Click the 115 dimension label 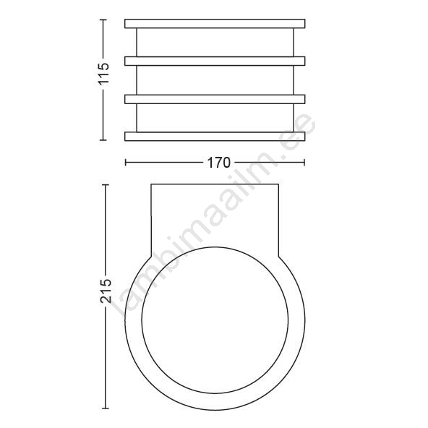(x=104, y=74)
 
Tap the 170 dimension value (x=219, y=163)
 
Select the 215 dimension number (x=106, y=291)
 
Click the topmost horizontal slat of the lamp (x=215, y=23)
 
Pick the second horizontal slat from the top (x=215, y=61)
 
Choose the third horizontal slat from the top (x=215, y=99)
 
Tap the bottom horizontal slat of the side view (x=215, y=137)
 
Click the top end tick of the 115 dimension (x=103, y=20)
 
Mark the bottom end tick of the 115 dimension (x=103, y=140)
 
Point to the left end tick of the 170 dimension (x=125, y=163)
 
